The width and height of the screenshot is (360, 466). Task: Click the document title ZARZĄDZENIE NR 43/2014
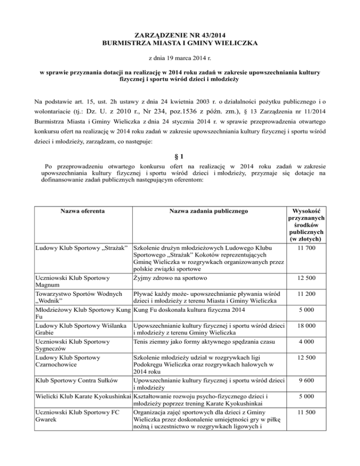click(180, 35)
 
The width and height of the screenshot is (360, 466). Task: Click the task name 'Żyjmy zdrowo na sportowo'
click(174, 278)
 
